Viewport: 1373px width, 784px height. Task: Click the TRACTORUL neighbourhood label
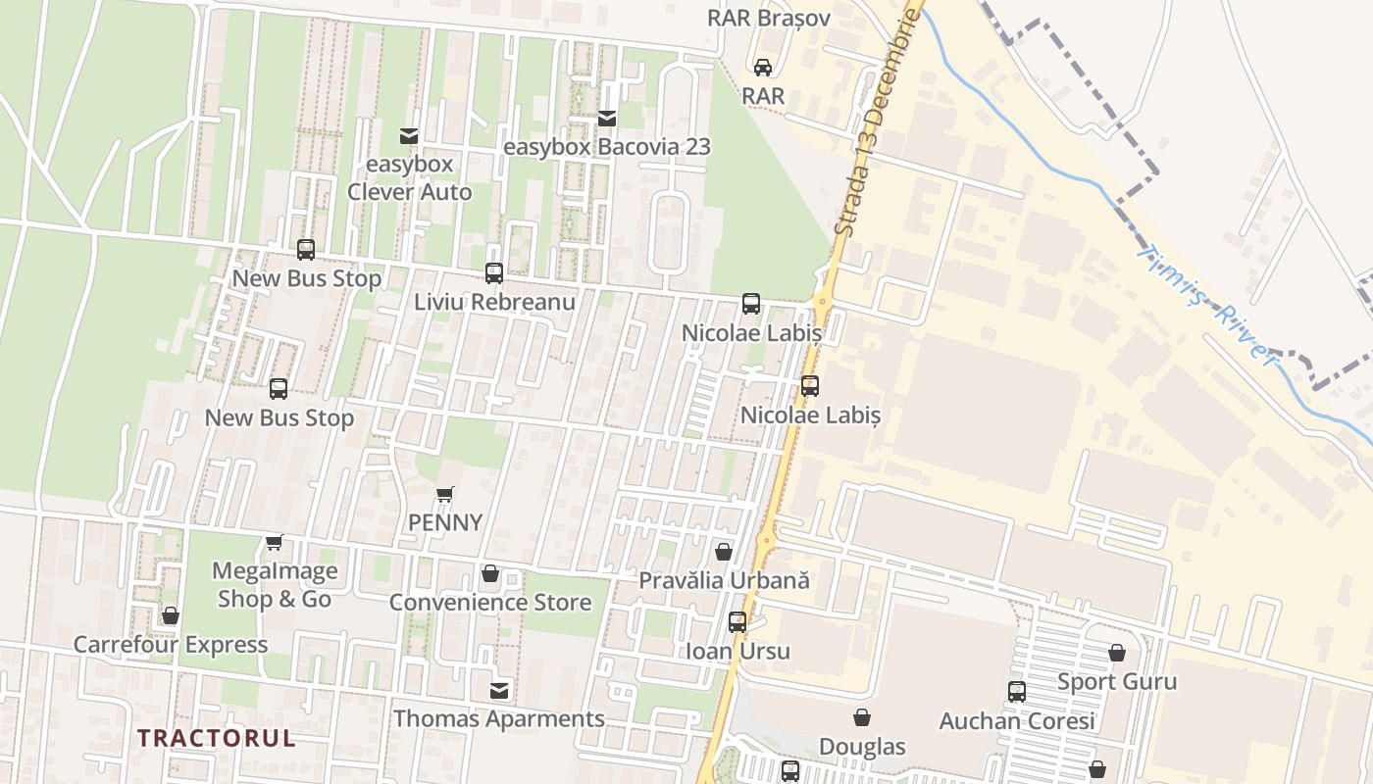point(216,738)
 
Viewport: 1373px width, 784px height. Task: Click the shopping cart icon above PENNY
point(445,495)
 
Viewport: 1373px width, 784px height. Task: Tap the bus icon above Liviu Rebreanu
point(494,273)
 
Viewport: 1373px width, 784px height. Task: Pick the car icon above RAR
point(762,68)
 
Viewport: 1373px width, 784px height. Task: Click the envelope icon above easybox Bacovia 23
point(607,119)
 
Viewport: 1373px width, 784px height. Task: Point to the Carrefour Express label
point(171,645)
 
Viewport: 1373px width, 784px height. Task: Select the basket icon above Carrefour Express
point(171,616)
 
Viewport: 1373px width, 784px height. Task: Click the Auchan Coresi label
point(1017,721)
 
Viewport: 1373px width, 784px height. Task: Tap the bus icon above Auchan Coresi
point(1017,692)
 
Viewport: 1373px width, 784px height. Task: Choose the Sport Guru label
point(1117,681)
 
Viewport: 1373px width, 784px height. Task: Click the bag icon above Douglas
point(862,718)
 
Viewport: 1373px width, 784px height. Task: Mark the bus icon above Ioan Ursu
point(737,622)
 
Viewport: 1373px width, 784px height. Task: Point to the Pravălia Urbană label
point(724,580)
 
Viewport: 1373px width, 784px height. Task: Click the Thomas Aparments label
point(499,718)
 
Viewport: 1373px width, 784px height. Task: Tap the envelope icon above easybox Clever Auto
point(409,136)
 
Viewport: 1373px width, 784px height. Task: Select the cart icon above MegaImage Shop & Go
point(275,543)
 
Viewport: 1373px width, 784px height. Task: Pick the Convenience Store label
point(490,602)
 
